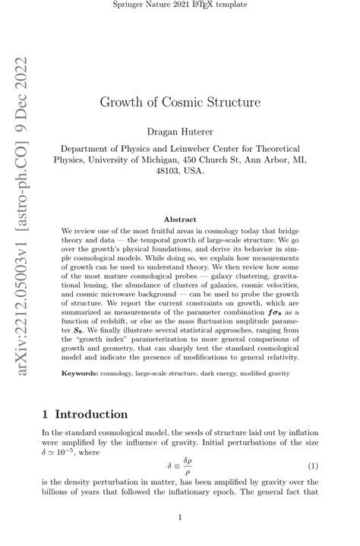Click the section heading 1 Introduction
point(85,415)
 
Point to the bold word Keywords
point(80,374)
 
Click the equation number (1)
point(312,465)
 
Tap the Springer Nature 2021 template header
point(180,6)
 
